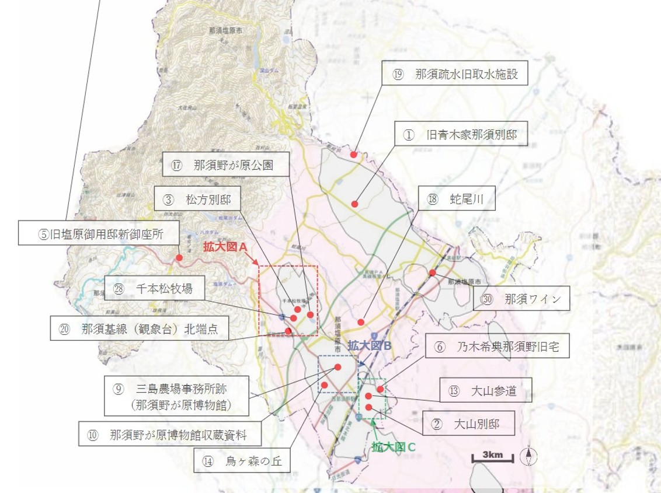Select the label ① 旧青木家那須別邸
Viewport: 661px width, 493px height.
(x=456, y=134)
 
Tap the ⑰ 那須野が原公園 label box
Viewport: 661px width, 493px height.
(x=226, y=165)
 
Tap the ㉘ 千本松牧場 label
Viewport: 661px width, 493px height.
(x=155, y=288)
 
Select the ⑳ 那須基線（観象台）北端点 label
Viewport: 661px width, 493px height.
(x=138, y=328)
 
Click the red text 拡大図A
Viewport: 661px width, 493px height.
(x=226, y=247)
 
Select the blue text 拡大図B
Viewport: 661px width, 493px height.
(x=369, y=345)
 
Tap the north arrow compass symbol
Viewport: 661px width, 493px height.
(x=528, y=456)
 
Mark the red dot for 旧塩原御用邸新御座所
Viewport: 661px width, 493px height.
(x=179, y=257)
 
